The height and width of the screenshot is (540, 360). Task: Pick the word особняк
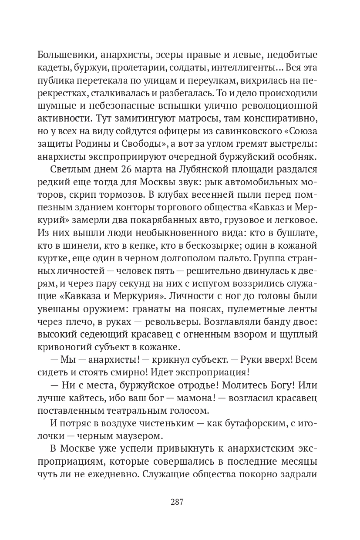[299, 169]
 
